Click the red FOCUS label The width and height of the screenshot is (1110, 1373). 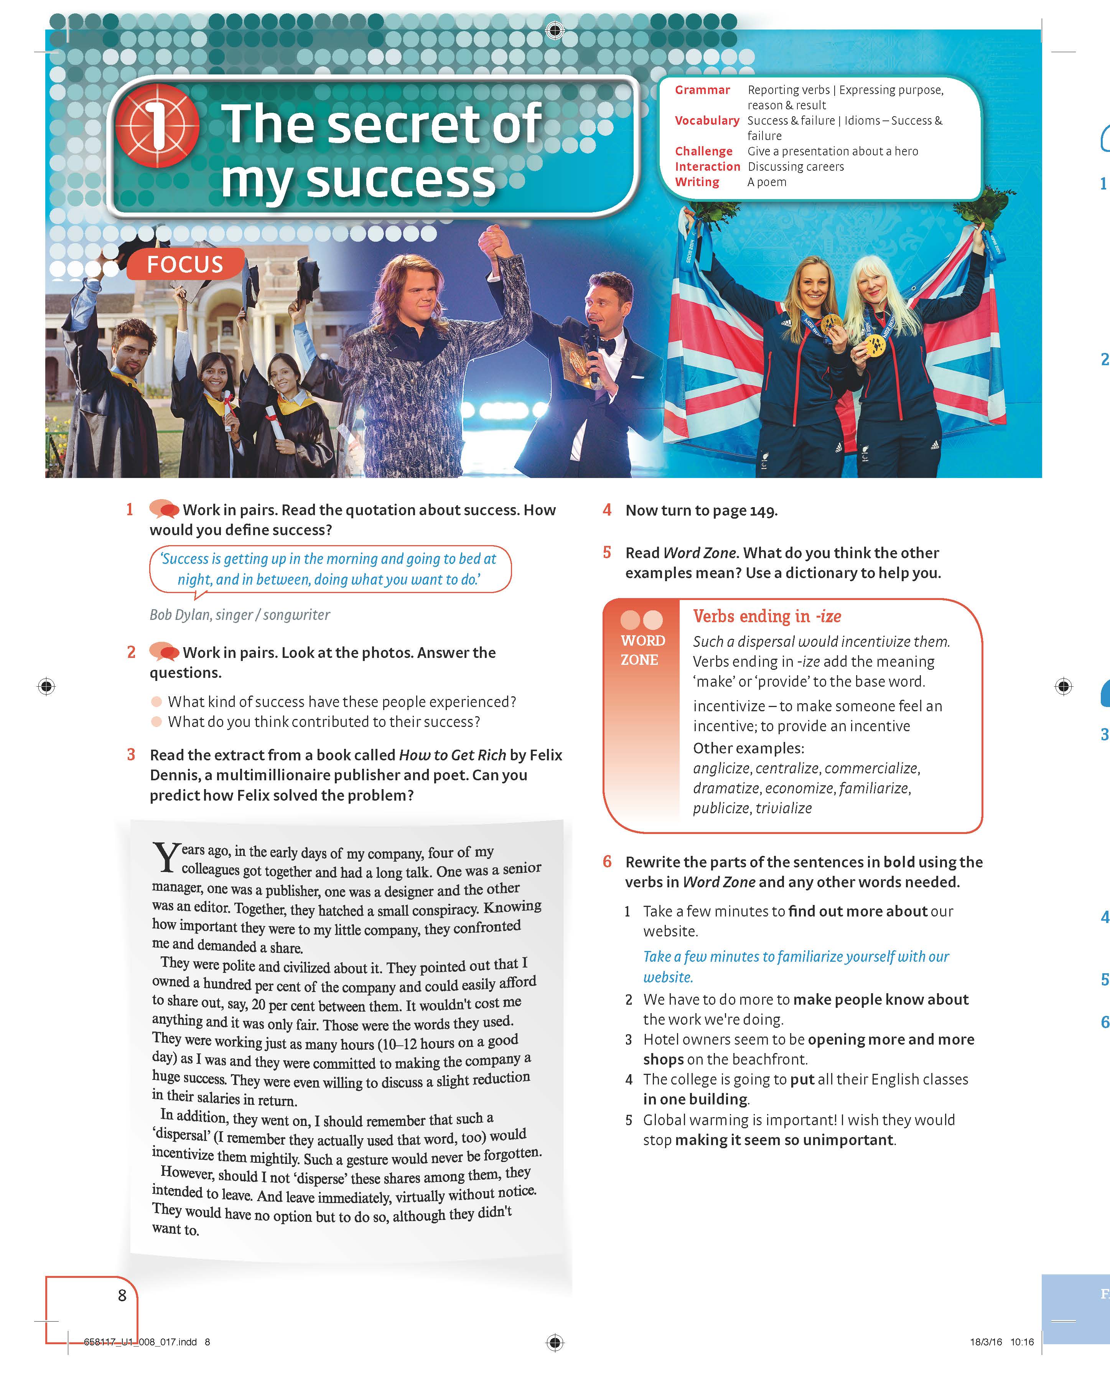click(x=185, y=264)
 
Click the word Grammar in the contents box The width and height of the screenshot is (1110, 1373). click(x=702, y=90)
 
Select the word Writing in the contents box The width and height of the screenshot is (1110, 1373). click(x=697, y=182)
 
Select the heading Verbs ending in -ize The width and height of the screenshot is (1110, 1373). click(x=767, y=616)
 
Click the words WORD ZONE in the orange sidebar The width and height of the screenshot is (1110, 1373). click(x=642, y=650)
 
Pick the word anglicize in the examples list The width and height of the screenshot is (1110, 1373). click(x=721, y=768)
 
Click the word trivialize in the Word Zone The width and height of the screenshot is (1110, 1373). click(x=783, y=808)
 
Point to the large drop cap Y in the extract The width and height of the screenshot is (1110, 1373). click(x=166, y=857)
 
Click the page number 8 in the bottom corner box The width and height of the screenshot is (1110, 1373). click(x=122, y=1296)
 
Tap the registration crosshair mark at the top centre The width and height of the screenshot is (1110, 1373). click(x=555, y=30)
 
